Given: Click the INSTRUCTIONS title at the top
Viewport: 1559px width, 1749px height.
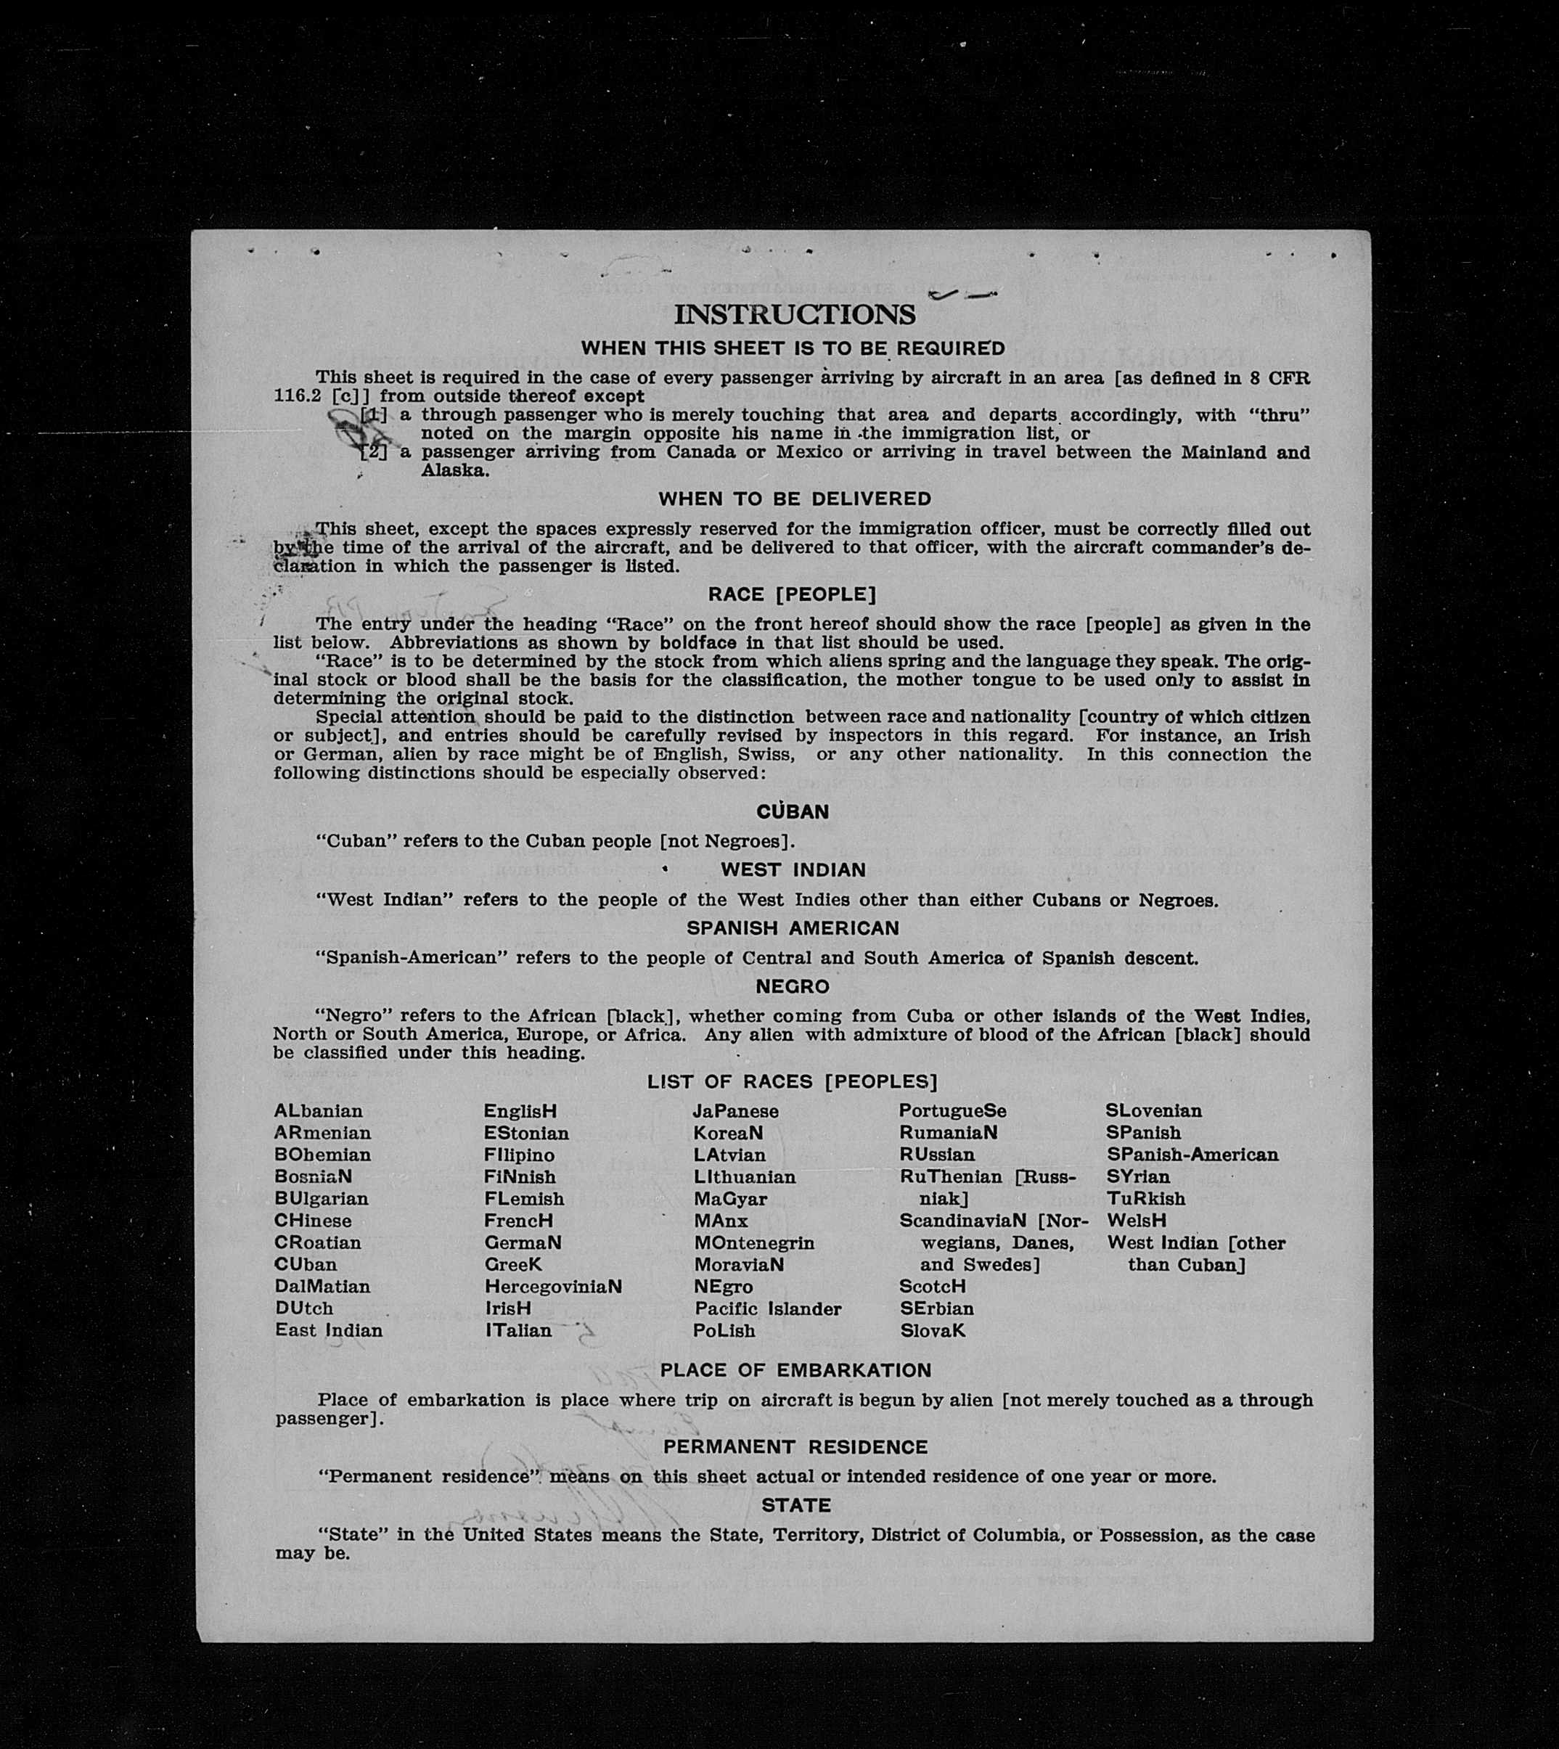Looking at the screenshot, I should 794,314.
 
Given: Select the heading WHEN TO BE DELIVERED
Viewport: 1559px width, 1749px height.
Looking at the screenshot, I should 794,499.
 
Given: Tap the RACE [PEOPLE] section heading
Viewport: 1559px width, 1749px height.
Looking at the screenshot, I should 792,594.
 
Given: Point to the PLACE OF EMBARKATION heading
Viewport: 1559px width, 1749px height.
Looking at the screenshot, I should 795,1370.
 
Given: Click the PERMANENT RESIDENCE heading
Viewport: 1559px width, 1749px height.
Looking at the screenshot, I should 795,1446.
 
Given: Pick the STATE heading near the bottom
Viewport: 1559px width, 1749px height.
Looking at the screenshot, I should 795,1505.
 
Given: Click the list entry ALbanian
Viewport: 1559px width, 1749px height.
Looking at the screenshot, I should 318,1111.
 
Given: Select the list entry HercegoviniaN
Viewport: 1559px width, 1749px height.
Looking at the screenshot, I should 552,1287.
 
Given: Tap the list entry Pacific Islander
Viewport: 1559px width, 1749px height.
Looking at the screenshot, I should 767,1308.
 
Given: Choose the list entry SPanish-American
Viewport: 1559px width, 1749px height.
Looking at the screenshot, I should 1192,1155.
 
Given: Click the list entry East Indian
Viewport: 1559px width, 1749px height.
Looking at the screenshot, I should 328,1330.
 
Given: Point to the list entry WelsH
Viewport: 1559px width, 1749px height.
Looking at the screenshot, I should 1136,1221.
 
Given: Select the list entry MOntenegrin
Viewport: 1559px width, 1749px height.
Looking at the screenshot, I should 754,1242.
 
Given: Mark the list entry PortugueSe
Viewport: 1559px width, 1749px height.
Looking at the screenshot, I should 952,1111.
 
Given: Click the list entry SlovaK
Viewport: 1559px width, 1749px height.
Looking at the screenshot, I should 932,1331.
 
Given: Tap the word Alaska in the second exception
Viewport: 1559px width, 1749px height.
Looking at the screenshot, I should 454,470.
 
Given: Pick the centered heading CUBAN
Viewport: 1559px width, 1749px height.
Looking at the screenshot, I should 793,812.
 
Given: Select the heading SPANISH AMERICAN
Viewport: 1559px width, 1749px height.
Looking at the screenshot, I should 793,928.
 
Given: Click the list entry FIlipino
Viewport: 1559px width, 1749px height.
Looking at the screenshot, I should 518,1155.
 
